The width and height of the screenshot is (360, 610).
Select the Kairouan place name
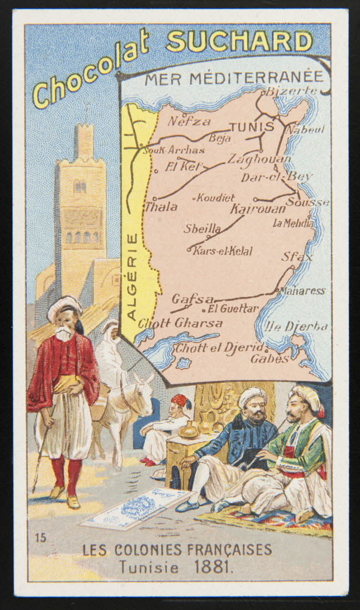258,209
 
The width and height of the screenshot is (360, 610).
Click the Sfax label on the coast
297,257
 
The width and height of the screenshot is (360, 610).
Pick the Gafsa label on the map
192,299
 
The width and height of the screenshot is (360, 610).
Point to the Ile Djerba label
299,326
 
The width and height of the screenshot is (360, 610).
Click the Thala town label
161,207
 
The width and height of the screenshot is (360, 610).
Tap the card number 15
41,539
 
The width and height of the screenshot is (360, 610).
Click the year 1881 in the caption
214,567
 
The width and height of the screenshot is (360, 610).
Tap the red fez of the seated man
180,400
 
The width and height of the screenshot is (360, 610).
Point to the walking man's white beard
63,334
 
